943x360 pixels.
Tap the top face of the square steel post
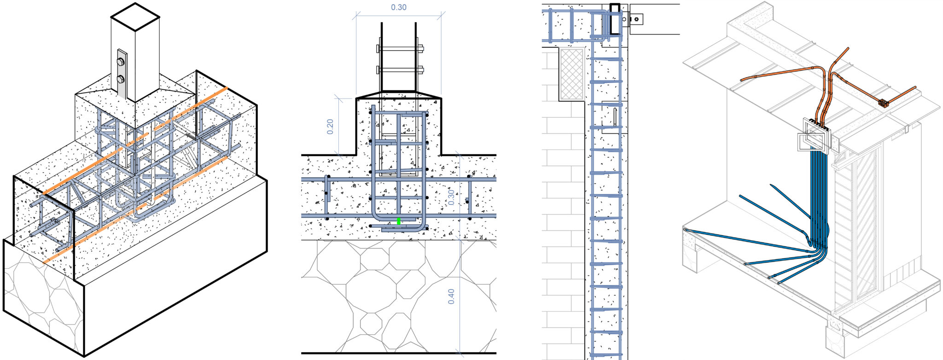pyautogui.click(x=135, y=17)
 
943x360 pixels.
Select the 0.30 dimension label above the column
pyautogui.click(x=399, y=7)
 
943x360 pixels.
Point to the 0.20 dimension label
pyautogui.click(x=330, y=127)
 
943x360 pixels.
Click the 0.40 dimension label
pyautogui.click(x=451, y=296)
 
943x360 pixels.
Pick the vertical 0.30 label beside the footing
pyautogui.click(x=451, y=197)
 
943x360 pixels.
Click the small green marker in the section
pyautogui.click(x=399, y=221)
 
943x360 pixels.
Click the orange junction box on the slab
pyautogui.click(x=883, y=103)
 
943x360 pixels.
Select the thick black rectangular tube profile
pyautogui.click(x=615, y=19)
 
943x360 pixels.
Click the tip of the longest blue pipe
pyautogui.click(x=685, y=229)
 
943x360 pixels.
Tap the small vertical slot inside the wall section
pyautogui.click(x=616, y=117)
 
